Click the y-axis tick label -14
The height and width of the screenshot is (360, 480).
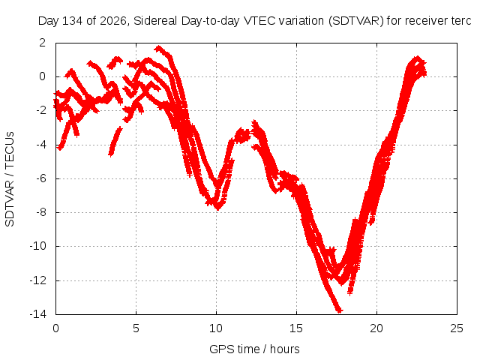coord(37,313)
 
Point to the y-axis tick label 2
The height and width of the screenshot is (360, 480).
coord(42,43)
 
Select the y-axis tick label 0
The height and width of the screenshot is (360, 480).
coord(42,76)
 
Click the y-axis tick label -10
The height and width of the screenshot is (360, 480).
coord(37,246)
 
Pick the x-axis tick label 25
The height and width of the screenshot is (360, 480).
coord(457,328)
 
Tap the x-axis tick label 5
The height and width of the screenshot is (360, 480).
coord(136,328)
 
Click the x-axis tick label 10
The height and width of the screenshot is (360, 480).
coord(216,328)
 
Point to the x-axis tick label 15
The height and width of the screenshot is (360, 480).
coord(296,328)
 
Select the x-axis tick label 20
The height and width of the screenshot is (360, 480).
coord(376,328)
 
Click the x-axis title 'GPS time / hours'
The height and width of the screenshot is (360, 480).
coord(254,349)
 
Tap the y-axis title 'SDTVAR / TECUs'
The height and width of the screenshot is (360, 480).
coord(10,179)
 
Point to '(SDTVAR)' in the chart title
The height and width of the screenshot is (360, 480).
coord(356,21)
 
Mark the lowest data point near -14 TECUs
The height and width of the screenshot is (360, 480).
coord(339,310)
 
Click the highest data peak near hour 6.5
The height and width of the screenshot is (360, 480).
coord(158,48)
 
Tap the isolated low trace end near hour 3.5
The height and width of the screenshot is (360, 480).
coord(111,154)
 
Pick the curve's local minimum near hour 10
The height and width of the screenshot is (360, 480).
coord(217,208)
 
